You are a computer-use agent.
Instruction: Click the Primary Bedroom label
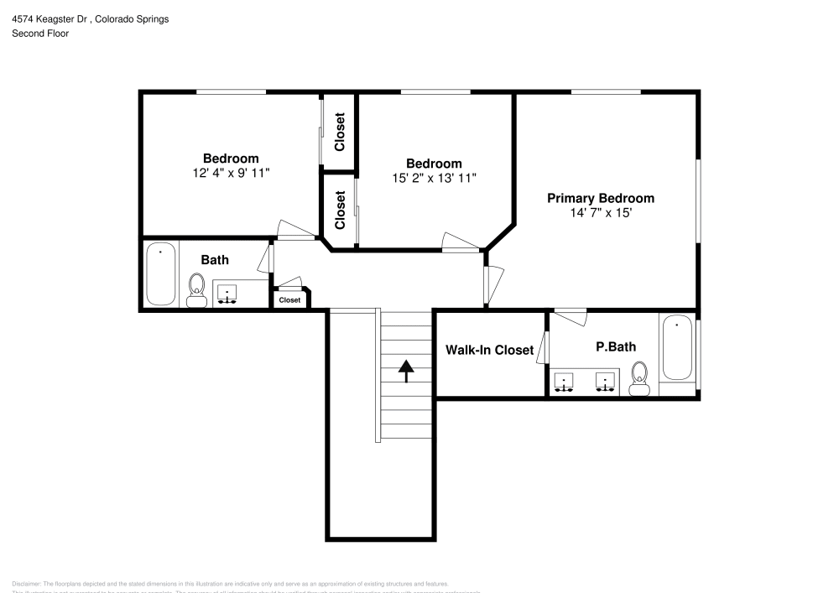(601, 199)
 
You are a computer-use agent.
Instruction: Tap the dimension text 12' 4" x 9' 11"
(231, 173)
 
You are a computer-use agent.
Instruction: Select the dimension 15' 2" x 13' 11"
(434, 178)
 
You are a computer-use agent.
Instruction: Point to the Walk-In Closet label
(489, 350)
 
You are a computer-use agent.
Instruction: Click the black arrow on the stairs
(406, 370)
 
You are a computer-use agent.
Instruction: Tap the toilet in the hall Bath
(197, 289)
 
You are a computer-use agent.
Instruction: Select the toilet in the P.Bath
(641, 378)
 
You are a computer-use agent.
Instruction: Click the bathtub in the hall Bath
(160, 273)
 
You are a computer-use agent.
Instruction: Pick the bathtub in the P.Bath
(677, 349)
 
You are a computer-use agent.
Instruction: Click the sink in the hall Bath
(227, 294)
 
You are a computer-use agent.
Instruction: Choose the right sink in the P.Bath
(605, 382)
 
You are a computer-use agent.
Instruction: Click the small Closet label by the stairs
(289, 299)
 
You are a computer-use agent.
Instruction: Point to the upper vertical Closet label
(340, 132)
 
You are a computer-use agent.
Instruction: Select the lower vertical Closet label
(340, 210)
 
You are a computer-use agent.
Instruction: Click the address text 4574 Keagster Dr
(50, 18)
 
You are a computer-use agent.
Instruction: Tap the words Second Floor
(40, 34)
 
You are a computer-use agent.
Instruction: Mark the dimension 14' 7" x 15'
(601, 213)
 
